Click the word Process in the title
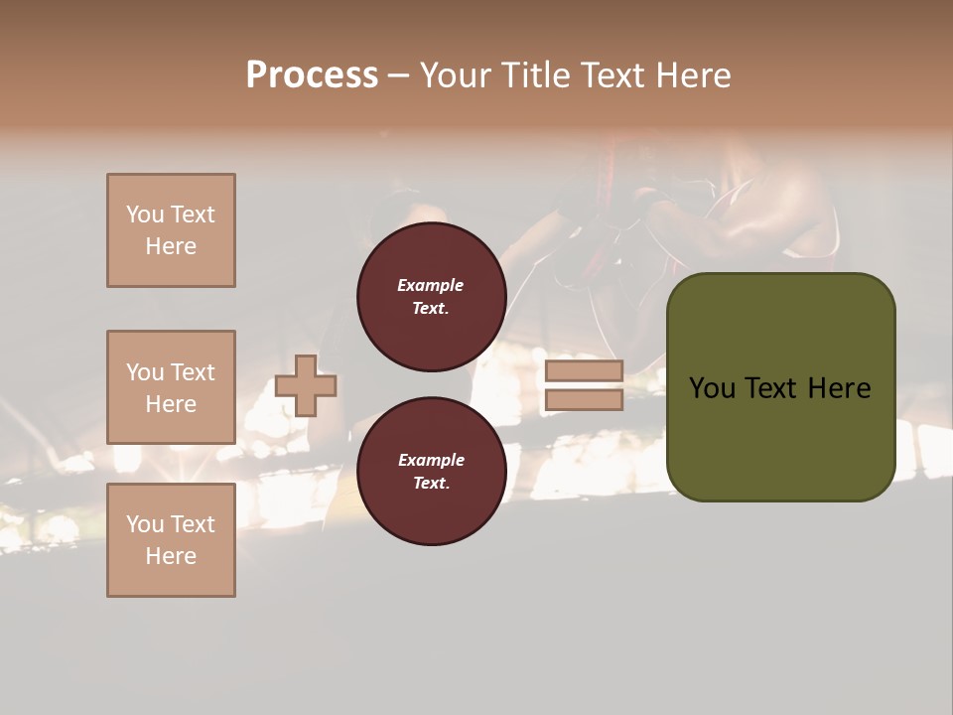(x=312, y=75)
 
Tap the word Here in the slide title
(x=691, y=75)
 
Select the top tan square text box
(x=171, y=230)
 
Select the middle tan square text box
(x=171, y=387)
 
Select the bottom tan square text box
(x=171, y=539)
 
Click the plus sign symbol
(x=306, y=385)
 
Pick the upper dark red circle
(x=431, y=297)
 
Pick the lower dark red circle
(x=431, y=471)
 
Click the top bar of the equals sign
(x=584, y=371)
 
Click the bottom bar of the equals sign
(x=584, y=400)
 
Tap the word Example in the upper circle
(x=430, y=285)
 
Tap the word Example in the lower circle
(x=431, y=460)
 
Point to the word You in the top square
(x=144, y=214)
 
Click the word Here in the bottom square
(x=171, y=556)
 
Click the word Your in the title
(x=454, y=75)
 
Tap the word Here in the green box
(x=839, y=388)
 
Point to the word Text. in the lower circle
(x=431, y=484)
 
